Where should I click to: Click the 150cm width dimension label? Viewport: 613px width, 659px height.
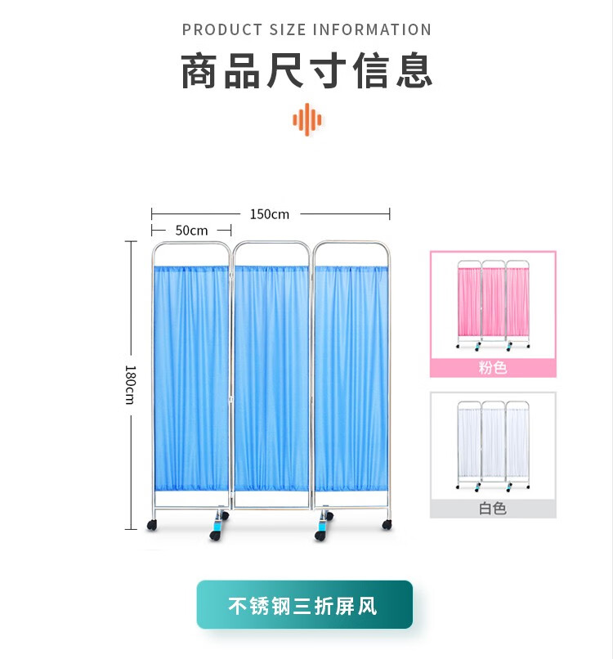270,214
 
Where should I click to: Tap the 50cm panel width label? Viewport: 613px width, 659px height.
191,231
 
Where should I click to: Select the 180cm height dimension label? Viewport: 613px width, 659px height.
130,383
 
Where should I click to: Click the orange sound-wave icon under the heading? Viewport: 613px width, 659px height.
307,119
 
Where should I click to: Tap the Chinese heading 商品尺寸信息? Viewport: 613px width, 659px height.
306,72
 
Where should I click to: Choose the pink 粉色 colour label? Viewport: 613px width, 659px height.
493,367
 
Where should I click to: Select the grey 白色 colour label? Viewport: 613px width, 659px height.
493,509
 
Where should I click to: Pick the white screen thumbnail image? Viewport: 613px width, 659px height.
493,446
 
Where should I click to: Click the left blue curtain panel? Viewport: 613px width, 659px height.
191,376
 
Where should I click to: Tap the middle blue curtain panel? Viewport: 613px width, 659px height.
271,376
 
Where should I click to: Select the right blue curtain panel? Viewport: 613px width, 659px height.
351,376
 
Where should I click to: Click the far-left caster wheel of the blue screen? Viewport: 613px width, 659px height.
151,525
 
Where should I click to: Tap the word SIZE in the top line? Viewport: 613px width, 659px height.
288,30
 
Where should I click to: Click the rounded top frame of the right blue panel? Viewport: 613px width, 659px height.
351,243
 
